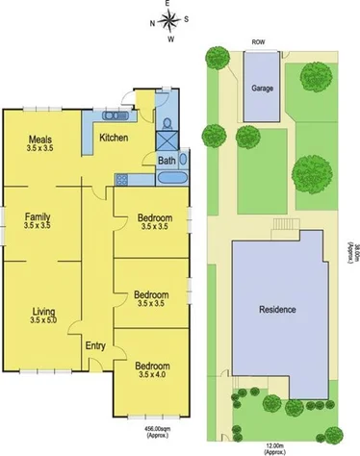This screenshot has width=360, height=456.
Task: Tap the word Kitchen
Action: click(114, 138)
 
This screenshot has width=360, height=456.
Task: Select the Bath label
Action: click(167, 161)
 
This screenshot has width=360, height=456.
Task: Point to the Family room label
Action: click(39, 217)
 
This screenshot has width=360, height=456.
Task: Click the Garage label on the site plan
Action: click(262, 88)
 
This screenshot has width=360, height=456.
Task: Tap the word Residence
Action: click(276, 310)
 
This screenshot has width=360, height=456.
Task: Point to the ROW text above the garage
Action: click(258, 43)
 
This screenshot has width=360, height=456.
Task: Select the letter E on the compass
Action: click(168, 6)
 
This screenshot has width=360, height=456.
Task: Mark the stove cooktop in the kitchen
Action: click(121, 180)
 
